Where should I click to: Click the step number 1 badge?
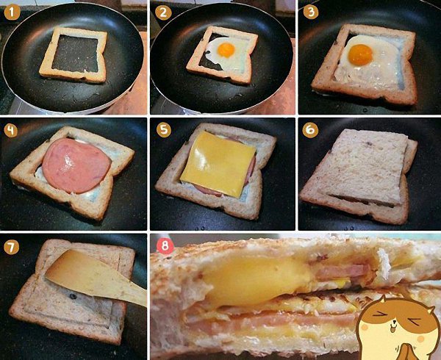pyautogui.click(x=12, y=12)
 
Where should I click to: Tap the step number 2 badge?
pyautogui.click(x=163, y=12)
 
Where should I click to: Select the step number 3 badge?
pyautogui.click(x=311, y=12)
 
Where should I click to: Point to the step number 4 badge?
pyautogui.click(x=11, y=131)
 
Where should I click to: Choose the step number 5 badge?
pyautogui.click(x=164, y=130)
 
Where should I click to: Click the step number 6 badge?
pyautogui.click(x=310, y=130)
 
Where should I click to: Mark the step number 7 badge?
pyautogui.click(x=12, y=248)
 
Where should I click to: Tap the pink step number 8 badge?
pyautogui.click(x=165, y=246)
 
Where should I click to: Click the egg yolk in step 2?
pyautogui.click(x=226, y=50)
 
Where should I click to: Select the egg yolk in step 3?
pyautogui.click(x=360, y=55)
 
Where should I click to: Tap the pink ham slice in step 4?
pyautogui.click(x=76, y=165)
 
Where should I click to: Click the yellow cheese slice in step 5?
pyautogui.click(x=218, y=165)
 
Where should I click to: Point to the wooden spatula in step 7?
pyautogui.click(x=96, y=276)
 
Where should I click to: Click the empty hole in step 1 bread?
pyautogui.click(x=76, y=54)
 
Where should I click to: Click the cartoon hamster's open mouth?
pyautogui.click(x=395, y=325)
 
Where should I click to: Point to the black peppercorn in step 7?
pyautogui.click(x=73, y=296)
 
